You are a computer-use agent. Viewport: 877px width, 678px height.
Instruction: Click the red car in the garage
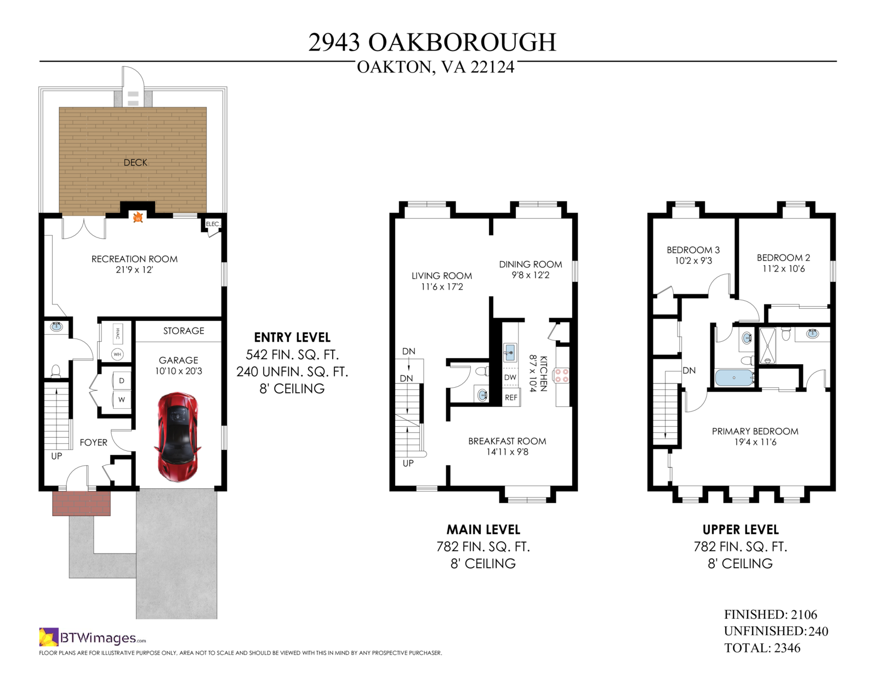coord(177,437)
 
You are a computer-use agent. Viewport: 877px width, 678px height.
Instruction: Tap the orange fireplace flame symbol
coord(138,217)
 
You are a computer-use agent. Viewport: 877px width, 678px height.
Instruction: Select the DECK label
coord(135,162)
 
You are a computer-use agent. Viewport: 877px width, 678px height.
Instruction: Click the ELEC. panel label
coord(213,224)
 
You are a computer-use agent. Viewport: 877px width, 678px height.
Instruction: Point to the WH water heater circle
coord(117,354)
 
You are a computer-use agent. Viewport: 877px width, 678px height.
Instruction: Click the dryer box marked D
coord(122,381)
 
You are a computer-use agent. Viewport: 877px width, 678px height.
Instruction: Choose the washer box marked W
coord(122,400)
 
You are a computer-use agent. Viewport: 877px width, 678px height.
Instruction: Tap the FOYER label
coord(94,443)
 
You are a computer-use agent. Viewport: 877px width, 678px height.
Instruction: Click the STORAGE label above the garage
coord(184,331)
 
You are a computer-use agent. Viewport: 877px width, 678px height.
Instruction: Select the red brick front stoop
coord(81,503)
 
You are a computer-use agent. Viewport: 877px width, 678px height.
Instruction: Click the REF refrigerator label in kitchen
coord(511,397)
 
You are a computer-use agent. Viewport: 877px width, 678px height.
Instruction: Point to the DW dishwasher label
coord(510,377)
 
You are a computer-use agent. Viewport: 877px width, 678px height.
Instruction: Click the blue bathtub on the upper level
coord(734,377)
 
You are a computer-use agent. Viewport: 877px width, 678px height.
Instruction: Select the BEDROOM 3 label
coord(693,250)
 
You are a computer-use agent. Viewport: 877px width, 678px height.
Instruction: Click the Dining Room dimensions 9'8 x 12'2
coord(531,275)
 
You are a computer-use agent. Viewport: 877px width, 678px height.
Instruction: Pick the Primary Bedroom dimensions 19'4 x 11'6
coord(755,442)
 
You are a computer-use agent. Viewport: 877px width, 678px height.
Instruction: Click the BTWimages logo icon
coord(49,637)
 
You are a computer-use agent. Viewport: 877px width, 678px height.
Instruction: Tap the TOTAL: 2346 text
coord(762,648)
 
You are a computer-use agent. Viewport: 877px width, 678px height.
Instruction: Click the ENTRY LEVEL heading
coord(292,337)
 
